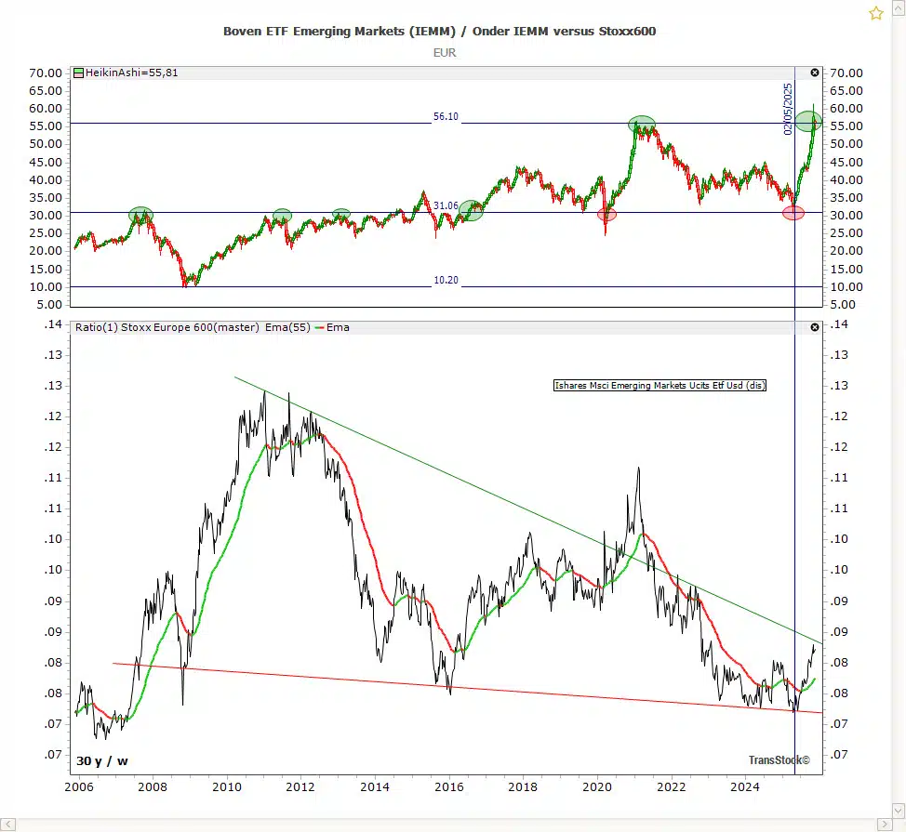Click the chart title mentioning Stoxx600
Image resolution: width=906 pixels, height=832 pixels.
[x=439, y=32]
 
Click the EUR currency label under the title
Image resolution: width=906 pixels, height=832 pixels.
[x=445, y=53]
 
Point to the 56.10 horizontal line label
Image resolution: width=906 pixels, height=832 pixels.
[x=446, y=117]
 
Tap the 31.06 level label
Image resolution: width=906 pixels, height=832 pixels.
[x=446, y=205]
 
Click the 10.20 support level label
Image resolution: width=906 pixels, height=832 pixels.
[x=446, y=280]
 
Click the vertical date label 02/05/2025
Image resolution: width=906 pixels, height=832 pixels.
[x=788, y=110]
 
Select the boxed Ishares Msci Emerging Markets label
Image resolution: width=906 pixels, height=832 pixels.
[x=660, y=386]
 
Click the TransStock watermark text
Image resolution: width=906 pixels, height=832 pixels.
[x=779, y=760]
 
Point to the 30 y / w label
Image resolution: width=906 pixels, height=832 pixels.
[x=102, y=761]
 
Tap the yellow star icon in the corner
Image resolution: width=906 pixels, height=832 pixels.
[x=875, y=13]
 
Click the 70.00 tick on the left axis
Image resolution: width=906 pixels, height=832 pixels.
[x=47, y=73]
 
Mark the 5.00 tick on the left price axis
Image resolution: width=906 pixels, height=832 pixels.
[x=51, y=305]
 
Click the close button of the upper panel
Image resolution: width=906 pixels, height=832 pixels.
[x=815, y=73]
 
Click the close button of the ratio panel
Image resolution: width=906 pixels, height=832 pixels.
[x=815, y=327]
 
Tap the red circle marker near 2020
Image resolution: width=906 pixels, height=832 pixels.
[x=606, y=215]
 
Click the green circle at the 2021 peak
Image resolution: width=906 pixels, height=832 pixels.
[x=641, y=124]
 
